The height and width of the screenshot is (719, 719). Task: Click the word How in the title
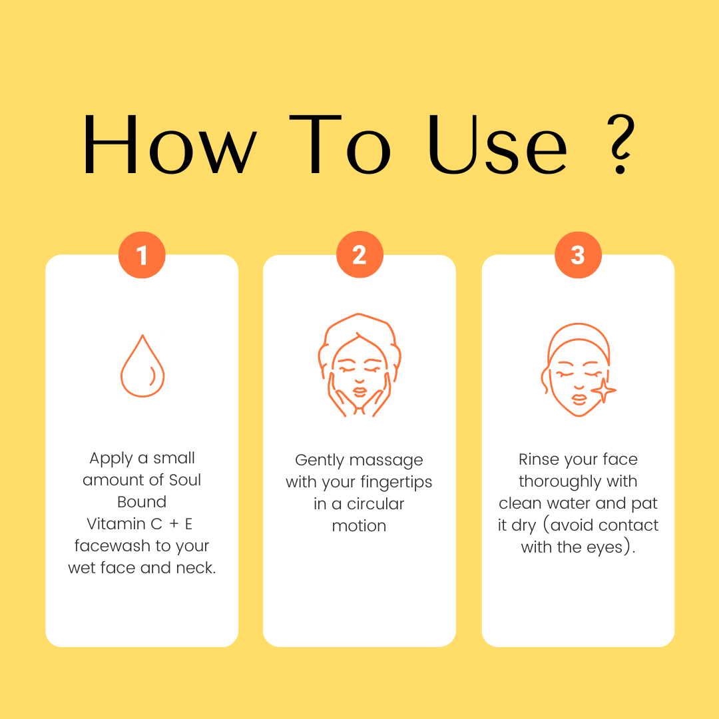tap(170, 144)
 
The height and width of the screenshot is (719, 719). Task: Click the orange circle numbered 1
tap(142, 254)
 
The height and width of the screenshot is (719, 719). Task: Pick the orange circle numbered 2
tap(359, 254)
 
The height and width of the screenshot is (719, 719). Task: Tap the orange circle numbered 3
tap(578, 254)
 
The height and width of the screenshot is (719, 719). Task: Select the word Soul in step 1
tap(185, 479)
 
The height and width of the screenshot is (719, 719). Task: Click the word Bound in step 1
tap(142, 502)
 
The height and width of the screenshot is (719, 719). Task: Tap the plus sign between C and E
tap(174, 524)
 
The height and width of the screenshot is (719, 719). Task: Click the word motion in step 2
tap(359, 526)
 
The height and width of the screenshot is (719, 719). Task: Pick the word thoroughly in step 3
tap(561, 481)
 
